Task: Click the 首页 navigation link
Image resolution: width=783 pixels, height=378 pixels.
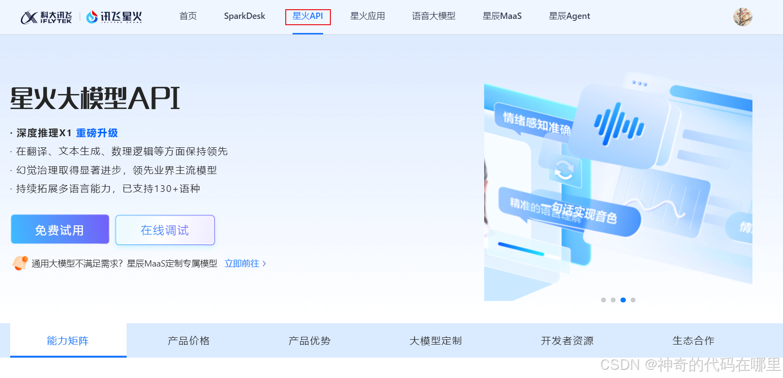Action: coord(188,16)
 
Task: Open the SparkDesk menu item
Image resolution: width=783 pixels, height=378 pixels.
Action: coord(245,16)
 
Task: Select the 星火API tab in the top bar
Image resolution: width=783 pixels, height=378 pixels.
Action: coord(308,16)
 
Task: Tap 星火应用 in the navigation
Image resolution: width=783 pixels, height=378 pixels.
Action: coord(367,16)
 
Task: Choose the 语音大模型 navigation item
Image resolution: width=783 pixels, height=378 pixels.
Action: coord(433,16)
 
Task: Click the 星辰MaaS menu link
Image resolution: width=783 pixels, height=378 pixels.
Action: coord(502,16)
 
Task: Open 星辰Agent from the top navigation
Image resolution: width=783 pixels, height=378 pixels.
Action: coord(569,16)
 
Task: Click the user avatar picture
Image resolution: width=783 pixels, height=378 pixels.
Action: coord(742,17)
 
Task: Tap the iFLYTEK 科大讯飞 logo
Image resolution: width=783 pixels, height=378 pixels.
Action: coord(47,17)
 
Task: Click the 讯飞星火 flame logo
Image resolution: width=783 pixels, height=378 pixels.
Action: coord(114,17)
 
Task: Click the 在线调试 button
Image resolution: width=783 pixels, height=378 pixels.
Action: coord(165,230)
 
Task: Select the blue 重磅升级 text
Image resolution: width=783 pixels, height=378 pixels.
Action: coord(97,133)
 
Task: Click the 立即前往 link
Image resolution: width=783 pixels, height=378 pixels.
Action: coord(245,264)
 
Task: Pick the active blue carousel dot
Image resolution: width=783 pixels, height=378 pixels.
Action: coord(623,300)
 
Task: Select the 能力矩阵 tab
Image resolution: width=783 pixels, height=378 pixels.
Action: coord(68,341)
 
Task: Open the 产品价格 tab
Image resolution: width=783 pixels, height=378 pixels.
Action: coord(189,341)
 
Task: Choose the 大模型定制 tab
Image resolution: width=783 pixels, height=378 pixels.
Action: coord(436,341)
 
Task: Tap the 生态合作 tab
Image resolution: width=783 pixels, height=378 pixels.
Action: coord(693,341)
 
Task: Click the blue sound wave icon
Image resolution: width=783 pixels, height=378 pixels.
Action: coord(619,125)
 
